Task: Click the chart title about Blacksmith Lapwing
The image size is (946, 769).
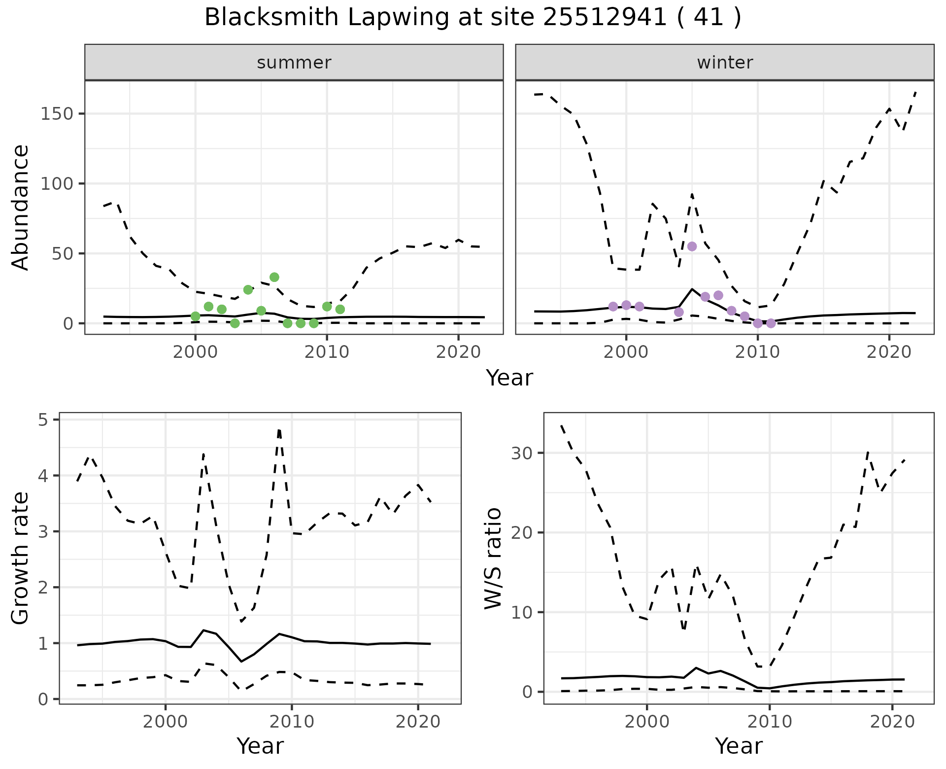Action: (473, 18)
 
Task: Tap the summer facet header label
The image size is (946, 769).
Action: (294, 63)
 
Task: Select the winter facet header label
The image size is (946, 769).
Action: (725, 63)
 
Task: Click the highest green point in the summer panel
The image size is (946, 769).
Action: (274, 277)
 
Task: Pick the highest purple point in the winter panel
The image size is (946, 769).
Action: (692, 246)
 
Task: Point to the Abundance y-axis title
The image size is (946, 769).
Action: (21, 208)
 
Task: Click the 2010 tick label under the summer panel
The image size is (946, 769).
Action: (327, 352)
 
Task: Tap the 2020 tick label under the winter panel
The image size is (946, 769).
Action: (889, 352)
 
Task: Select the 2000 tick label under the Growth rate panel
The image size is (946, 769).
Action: (166, 722)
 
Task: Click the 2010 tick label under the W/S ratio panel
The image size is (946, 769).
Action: (769, 722)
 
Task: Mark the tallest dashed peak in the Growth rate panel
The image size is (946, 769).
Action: (279, 430)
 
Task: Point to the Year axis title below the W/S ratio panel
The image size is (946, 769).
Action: (739, 746)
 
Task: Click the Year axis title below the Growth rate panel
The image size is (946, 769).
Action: (260, 746)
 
